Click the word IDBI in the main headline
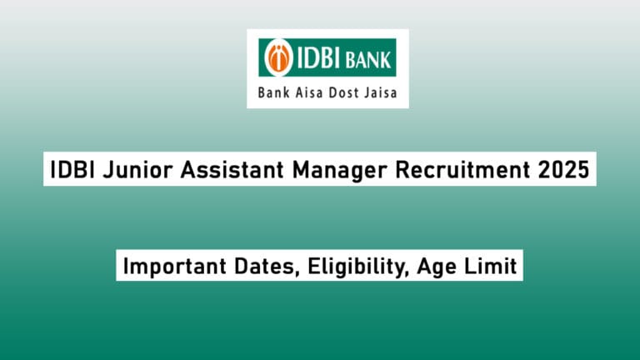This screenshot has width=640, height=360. pos(67,170)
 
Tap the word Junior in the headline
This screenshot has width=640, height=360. pos(125,170)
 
